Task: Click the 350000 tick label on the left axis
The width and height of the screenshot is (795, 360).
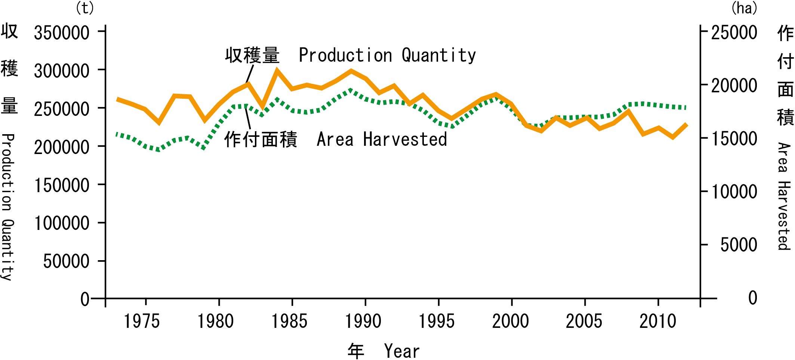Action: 62,33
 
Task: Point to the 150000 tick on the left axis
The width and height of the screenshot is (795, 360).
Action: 62,185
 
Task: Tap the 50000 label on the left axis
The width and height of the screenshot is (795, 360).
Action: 66,261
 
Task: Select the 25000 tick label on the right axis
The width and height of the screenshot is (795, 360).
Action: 734,33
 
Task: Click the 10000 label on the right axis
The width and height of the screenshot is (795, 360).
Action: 734,192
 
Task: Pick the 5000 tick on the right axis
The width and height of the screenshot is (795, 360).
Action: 739,245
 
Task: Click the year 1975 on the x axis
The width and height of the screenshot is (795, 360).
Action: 142,321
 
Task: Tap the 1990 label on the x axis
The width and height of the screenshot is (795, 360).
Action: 363,321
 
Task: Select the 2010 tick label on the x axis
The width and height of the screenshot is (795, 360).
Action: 658,321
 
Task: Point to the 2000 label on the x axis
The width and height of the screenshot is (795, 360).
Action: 511,321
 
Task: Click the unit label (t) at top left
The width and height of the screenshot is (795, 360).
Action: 85,8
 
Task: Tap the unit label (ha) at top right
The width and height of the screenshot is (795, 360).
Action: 744,8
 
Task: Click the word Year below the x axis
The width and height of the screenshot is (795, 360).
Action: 402,351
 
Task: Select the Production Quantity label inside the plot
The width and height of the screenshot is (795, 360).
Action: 387,56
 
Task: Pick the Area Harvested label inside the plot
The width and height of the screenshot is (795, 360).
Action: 382,139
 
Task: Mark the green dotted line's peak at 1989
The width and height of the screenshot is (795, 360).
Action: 351,90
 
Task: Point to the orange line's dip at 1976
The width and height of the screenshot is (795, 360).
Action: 159,122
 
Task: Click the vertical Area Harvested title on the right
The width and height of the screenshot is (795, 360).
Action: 784,196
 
